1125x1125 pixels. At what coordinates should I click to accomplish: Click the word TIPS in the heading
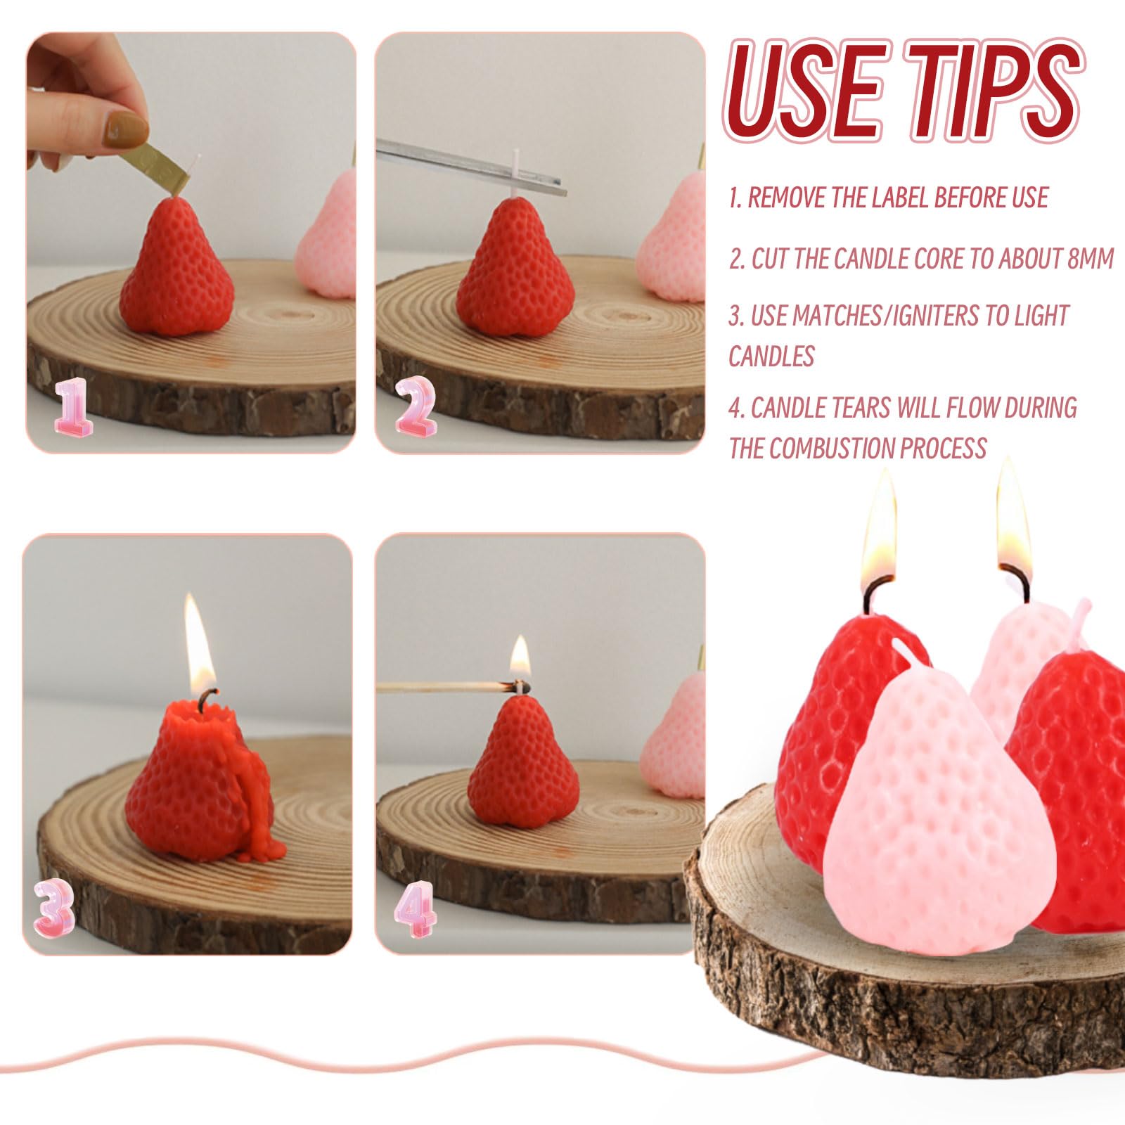(x=993, y=89)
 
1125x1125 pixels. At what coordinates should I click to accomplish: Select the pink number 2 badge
(x=415, y=405)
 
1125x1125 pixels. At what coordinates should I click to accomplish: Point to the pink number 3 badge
(x=54, y=910)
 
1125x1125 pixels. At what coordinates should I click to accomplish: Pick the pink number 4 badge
(x=415, y=910)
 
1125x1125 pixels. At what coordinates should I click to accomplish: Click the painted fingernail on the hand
(x=125, y=130)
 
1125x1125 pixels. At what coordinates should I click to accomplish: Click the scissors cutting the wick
(x=471, y=165)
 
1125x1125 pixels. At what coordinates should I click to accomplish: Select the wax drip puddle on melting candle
(x=264, y=847)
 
